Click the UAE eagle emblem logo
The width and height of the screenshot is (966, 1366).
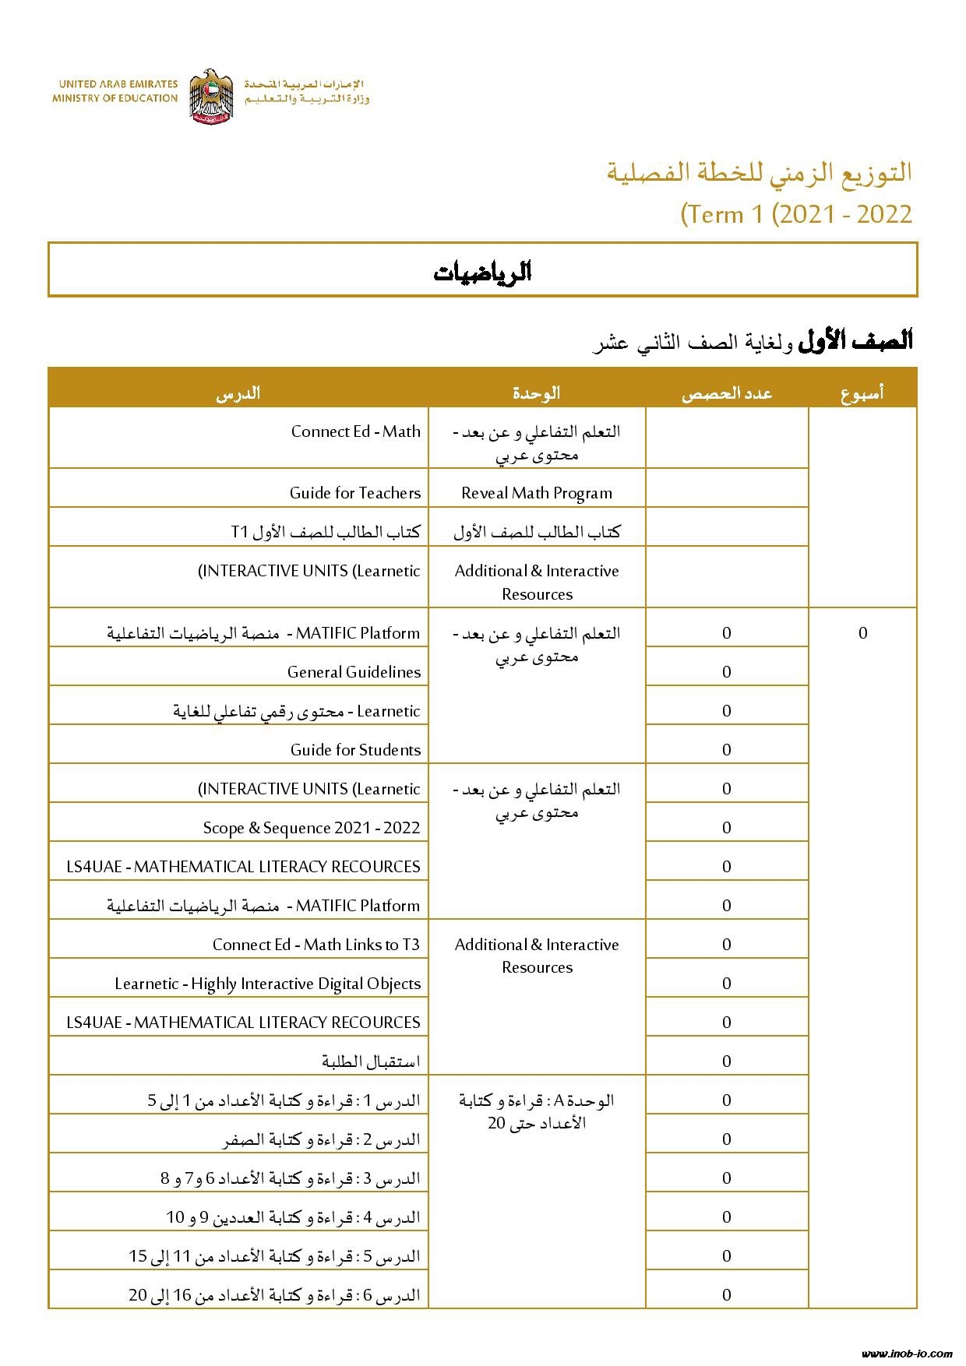click(x=211, y=95)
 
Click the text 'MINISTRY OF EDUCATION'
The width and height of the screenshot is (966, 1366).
click(x=115, y=98)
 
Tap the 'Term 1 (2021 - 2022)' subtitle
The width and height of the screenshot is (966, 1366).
click(x=796, y=214)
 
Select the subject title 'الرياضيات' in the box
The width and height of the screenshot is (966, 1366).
click(x=482, y=272)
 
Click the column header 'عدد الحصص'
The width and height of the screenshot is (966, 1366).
click(x=726, y=393)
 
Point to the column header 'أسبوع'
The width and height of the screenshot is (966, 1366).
click(x=862, y=393)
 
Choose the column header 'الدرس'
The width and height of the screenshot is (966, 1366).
click(x=238, y=393)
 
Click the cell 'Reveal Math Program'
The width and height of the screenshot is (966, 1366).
click(x=537, y=493)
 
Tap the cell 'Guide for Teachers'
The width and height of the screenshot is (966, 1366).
click(x=354, y=493)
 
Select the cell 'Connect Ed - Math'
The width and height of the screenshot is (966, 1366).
click(x=355, y=431)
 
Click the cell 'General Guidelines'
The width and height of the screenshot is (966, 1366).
click(x=354, y=672)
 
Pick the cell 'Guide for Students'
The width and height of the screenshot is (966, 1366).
click(x=355, y=750)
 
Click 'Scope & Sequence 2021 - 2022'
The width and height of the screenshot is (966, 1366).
click(x=312, y=828)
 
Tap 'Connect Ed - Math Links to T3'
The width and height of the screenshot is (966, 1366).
click(x=316, y=945)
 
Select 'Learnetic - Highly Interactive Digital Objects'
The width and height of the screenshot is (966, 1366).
click(x=267, y=984)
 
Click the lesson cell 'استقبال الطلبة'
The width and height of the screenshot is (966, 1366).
click(x=371, y=1061)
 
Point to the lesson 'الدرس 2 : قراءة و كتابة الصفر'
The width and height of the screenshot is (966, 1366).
click(x=322, y=1139)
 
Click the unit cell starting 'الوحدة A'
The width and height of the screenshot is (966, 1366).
click(x=537, y=1111)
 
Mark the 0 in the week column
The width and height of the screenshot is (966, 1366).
click(x=862, y=633)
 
